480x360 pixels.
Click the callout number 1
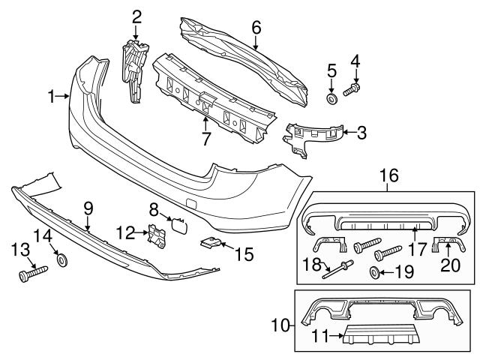51,96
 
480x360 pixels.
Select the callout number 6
256,27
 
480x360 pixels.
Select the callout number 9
88,206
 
